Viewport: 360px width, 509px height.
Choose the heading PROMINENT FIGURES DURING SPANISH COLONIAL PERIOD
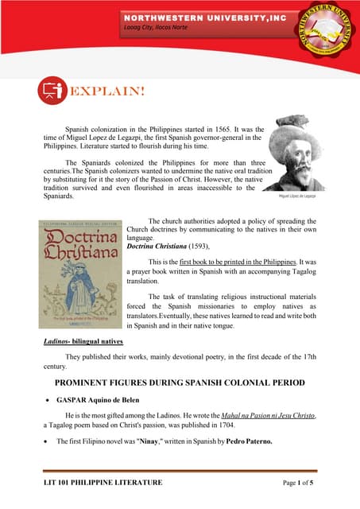[180, 383]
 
